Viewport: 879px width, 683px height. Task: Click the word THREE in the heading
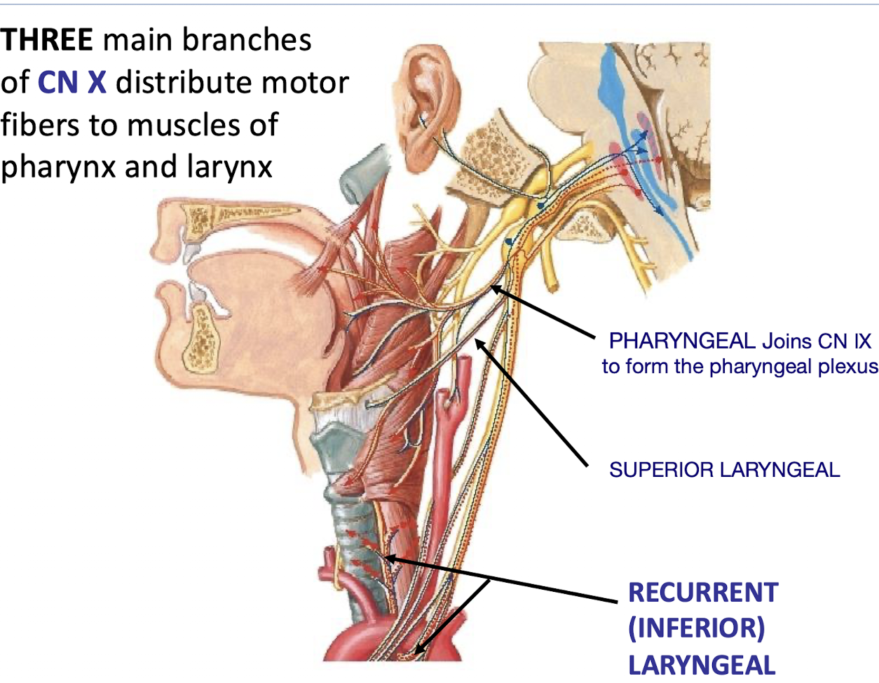point(46,40)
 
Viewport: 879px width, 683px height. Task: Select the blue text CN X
point(71,83)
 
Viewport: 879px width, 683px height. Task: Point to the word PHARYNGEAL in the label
point(681,341)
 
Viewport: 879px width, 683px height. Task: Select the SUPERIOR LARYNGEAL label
point(724,470)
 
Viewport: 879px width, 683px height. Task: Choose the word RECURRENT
point(702,593)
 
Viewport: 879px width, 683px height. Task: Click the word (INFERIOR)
point(695,628)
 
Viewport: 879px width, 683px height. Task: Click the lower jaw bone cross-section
point(204,337)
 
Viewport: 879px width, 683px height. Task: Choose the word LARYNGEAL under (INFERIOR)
point(701,665)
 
